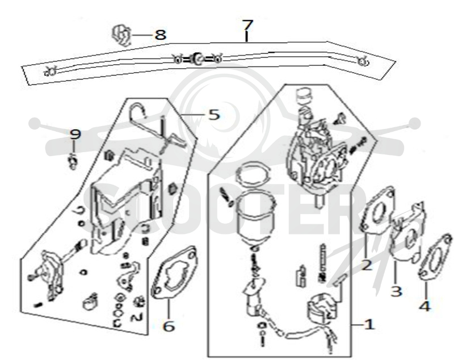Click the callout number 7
click(247, 25)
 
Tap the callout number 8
click(160, 35)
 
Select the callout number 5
click(214, 115)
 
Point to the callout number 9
click(75, 134)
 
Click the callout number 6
click(169, 326)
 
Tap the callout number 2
click(367, 265)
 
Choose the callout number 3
click(396, 291)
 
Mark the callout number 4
click(424, 306)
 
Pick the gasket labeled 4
click(435, 257)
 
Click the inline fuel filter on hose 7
click(197, 59)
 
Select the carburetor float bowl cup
click(254, 217)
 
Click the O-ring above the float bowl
click(253, 175)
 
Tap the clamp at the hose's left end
click(50, 71)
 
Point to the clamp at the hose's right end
click(362, 61)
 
